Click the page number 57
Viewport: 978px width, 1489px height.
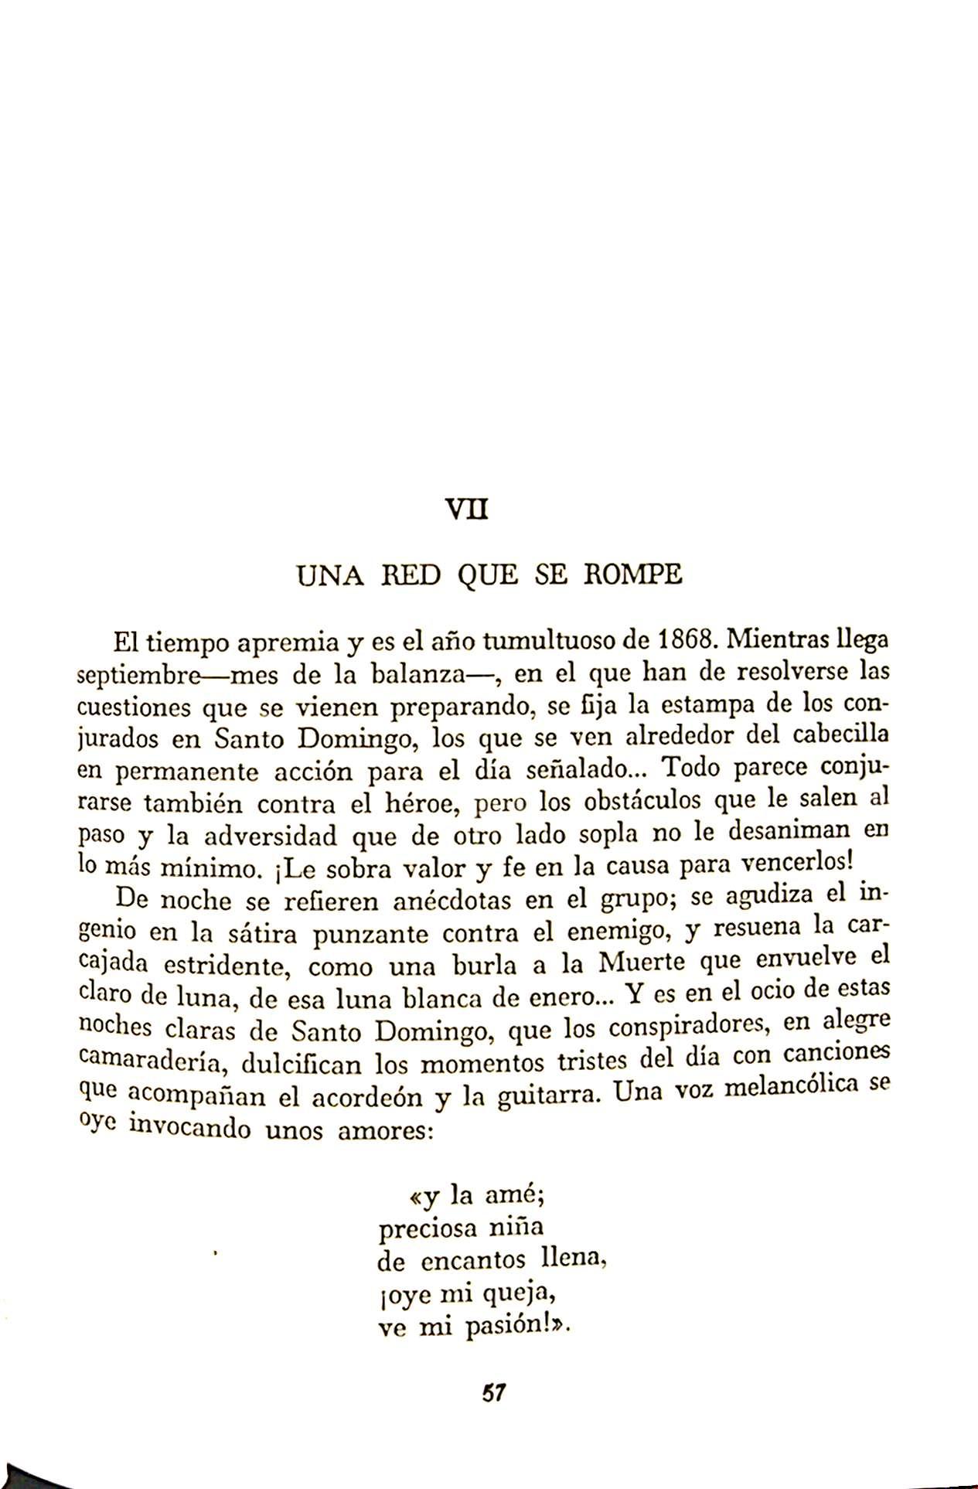click(x=493, y=1393)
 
